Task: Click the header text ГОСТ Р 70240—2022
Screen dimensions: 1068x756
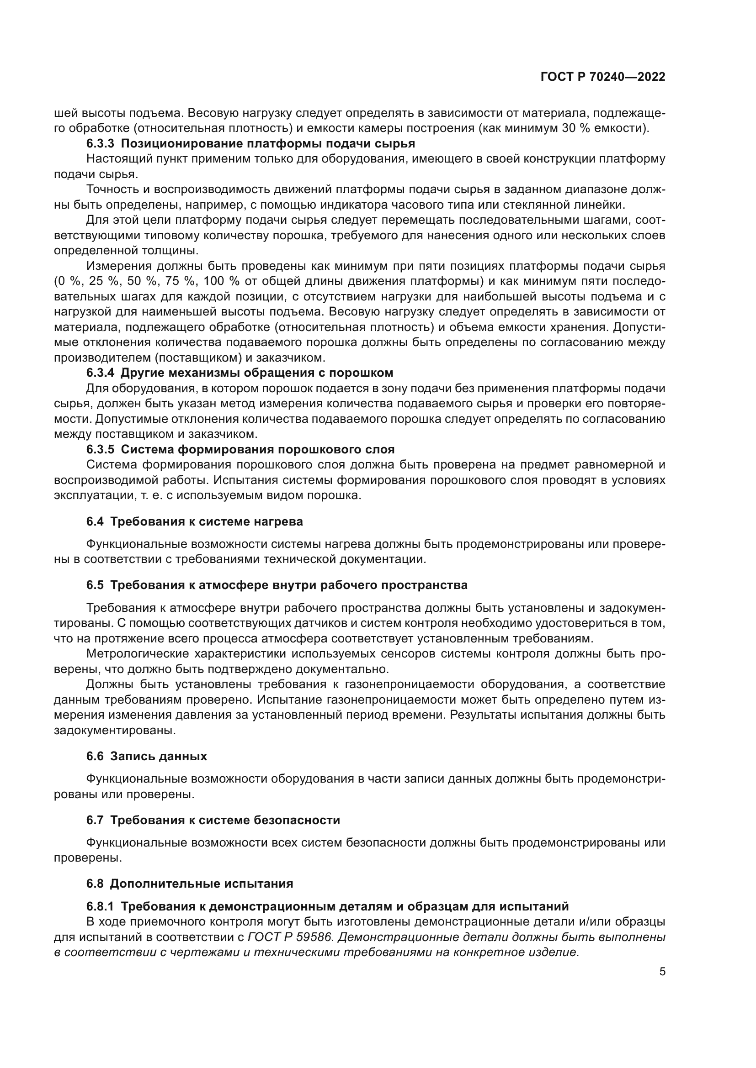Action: point(602,77)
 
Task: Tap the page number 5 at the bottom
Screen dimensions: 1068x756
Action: point(662,972)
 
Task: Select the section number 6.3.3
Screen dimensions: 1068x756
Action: point(100,144)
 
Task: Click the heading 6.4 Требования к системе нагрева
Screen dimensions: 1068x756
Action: point(194,521)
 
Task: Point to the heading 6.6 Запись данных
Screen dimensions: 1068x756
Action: point(146,756)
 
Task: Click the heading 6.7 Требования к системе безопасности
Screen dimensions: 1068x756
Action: point(213,820)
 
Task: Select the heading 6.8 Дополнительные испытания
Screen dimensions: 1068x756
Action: point(190,884)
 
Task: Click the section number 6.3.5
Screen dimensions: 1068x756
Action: point(100,449)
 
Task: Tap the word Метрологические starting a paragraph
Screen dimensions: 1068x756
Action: point(137,653)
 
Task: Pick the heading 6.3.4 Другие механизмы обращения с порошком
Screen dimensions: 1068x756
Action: point(239,373)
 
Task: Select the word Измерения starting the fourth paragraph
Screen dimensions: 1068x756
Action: point(118,266)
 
